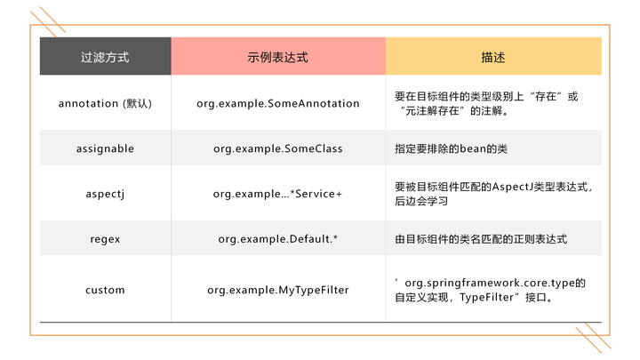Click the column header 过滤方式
tap(105, 57)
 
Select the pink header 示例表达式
tap(277, 57)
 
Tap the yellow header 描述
tap(492, 57)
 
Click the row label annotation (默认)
tap(105, 103)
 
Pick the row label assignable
tap(105, 148)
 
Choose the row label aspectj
tap(105, 193)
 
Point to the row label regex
tap(105, 239)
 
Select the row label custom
tap(105, 290)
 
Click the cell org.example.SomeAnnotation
tap(278, 103)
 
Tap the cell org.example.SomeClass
tap(278, 148)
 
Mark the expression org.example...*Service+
tap(278, 193)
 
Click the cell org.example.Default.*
tap(278, 239)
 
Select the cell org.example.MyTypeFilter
tap(278, 290)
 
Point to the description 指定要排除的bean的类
tap(451, 148)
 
